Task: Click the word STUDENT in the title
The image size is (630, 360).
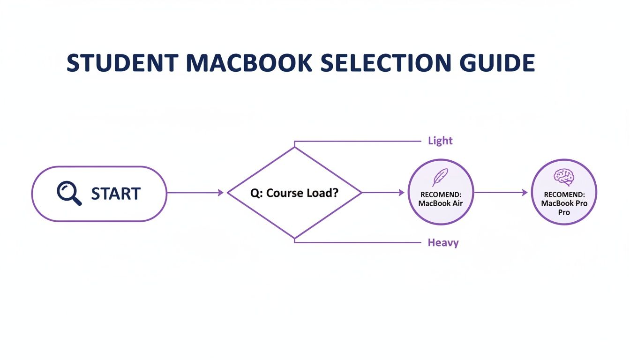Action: pos(122,63)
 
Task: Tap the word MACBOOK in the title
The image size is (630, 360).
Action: pos(239,63)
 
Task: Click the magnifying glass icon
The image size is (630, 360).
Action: pos(69,193)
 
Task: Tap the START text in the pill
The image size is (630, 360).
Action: pos(115,194)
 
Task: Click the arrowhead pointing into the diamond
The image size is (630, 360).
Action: pos(221,193)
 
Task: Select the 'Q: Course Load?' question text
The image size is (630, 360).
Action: pos(294,193)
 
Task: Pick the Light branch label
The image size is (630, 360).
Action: pos(440,141)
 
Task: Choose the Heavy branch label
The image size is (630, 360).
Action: pos(443,243)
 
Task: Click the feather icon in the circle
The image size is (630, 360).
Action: pos(440,178)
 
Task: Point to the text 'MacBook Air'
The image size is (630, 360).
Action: pos(440,203)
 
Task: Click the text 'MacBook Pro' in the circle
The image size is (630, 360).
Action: pos(564,203)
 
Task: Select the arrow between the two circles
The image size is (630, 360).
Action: pos(502,192)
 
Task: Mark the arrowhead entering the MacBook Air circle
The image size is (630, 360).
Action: pos(401,193)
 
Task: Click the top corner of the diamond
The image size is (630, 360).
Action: pos(294,148)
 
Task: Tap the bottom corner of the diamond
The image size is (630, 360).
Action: pos(294,238)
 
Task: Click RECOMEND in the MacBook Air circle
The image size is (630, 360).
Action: pos(440,194)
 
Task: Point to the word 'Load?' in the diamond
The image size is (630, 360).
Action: pos(322,193)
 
